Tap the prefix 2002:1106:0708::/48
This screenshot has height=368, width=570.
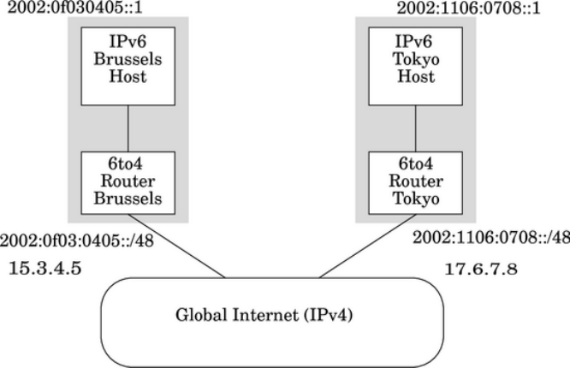click(x=490, y=239)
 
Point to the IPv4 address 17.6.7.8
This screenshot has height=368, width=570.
click(x=483, y=270)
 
